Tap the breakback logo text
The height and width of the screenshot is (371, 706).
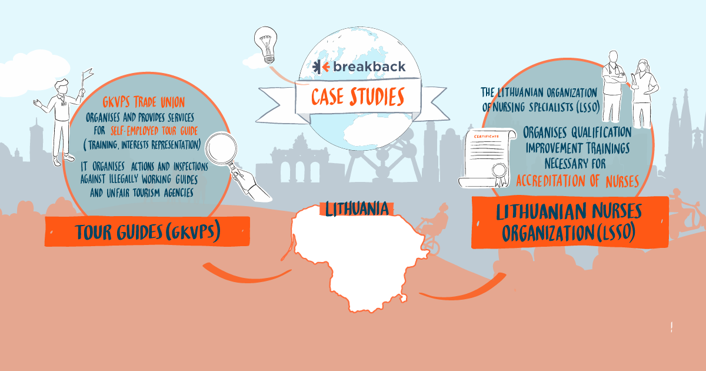pos(369,67)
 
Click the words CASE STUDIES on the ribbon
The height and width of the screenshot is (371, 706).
pos(358,97)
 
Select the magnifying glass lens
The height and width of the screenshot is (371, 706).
pos(221,148)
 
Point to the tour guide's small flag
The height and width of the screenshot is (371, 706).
pos(87,74)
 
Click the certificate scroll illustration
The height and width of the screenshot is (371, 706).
pos(487,158)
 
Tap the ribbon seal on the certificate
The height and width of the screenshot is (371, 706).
pos(500,174)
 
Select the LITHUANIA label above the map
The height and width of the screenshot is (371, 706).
pos(357,209)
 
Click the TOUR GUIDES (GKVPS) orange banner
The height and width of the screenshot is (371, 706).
pos(147,231)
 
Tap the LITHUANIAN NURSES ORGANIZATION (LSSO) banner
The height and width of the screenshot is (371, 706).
pos(570,222)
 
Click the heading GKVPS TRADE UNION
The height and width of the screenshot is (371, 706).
pos(144,102)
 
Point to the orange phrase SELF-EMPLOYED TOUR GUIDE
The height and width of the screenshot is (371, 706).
pos(154,131)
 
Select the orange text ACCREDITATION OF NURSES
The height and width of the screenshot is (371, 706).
pos(577,181)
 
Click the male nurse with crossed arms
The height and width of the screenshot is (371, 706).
pos(613,87)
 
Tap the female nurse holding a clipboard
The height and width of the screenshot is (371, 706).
pos(643,94)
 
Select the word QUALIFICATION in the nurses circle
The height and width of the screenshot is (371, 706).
pos(601,132)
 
